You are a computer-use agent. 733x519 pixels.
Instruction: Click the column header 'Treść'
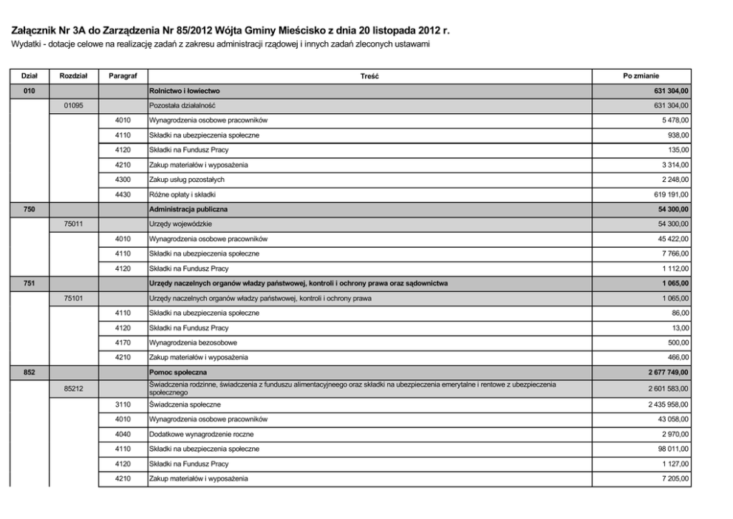pyautogui.click(x=370, y=76)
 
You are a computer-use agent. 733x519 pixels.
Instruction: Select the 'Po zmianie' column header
pyautogui.click(x=641, y=76)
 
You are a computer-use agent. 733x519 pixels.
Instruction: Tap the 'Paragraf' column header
pyautogui.click(x=122, y=76)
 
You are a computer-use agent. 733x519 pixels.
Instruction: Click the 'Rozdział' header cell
pyautogui.click(x=73, y=76)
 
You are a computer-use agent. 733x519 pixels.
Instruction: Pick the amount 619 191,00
pyautogui.click(x=669, y=194)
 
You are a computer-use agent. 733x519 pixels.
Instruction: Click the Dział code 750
pyautogui.click(x=30, y=209)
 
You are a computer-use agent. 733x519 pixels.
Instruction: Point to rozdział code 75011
pyautogui.click(x=73, y=224)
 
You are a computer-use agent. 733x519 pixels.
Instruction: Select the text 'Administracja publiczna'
pyautogui.click(x=188, y=209)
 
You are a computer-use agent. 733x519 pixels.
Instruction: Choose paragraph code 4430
pyautogui.click(x=123, y=194)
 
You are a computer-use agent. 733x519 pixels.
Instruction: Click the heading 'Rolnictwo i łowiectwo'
pyautogui.click(x=185, y=91)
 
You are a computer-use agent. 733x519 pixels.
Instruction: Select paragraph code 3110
pyautogui.click(x=123, y=404)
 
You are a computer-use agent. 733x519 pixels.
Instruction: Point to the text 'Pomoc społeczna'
pyautogui.click(x=178, y=372)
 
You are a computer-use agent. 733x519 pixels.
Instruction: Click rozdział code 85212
pyautogui.click(x=73, y=388)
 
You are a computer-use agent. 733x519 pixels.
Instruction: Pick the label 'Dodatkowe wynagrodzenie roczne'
pyautogui.click(x=201, y=434)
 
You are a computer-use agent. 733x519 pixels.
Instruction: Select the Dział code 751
pyautogui.click(x=30, y=283)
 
